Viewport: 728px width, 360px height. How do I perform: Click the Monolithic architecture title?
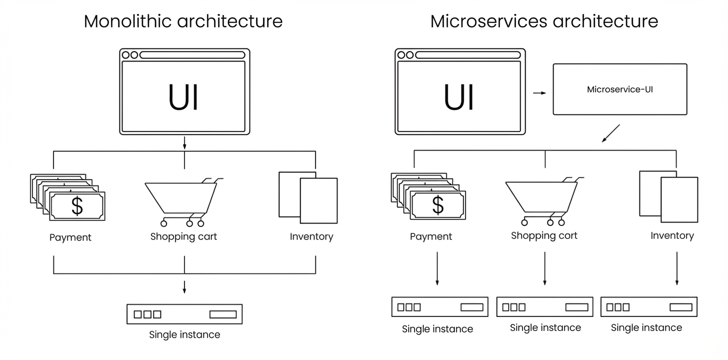pyautogui.click(x=183, y=21)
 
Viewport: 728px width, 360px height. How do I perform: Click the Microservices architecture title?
pyautogui.click(x=544, y=21)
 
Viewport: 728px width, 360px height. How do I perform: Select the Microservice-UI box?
pyautogui.click(x=619, y=89)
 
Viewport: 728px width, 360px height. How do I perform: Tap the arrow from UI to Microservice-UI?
pyautogui.click(x=539, y=93)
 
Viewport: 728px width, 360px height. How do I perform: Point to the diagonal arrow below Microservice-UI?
pyautogui.click(x=610, y=133)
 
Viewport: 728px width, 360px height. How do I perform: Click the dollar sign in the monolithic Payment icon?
pyautogui.click(x=77, y=206)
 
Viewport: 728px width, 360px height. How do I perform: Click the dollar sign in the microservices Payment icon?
pyautogui.click(x=437, y=205)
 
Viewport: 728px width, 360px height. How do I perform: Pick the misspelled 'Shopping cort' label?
pyautogui.click(x=544, y=235)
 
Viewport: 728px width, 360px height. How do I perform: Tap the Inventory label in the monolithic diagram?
pyautogui.click(x=311, y=236)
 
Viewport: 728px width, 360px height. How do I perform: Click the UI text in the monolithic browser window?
pyautogui.click(x=183, y=97)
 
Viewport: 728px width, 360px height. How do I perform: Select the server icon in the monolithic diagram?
pyautogui.click(x=184, y=314)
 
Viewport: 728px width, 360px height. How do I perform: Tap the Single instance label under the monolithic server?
pyautogui.click(x=184, y=334)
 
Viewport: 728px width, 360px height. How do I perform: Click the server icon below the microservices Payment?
pyautogui.click(x=439, y=307)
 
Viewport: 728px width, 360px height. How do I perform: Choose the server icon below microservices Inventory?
pyautogui.click(x=648, y=307)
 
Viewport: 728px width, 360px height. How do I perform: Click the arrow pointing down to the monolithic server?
pyautogui.click(x=184, y=287)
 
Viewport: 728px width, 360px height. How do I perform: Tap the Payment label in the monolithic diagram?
pyautogui.click(x=70, y=237)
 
